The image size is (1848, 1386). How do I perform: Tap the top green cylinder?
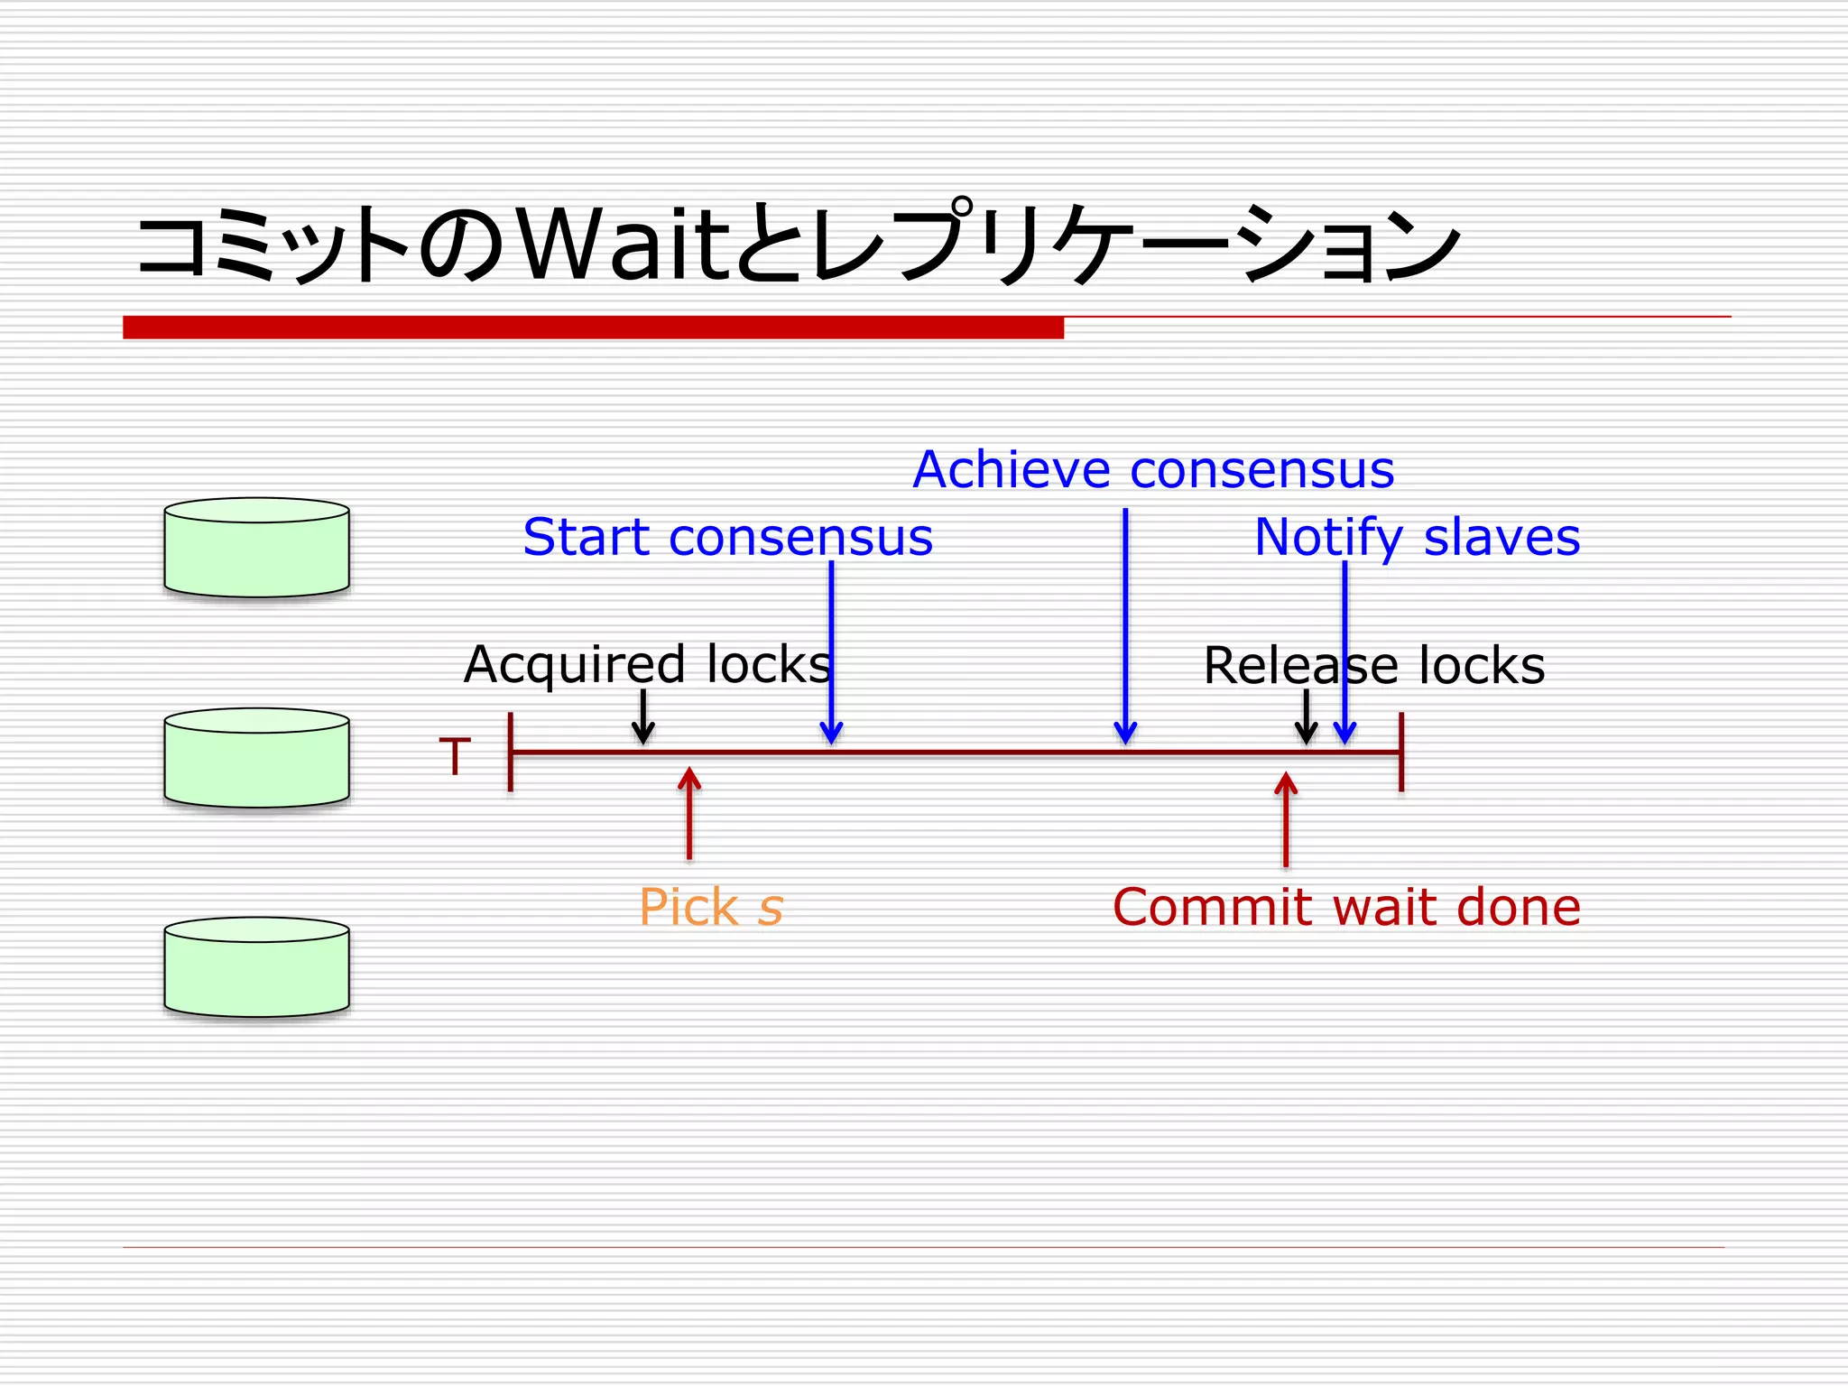(x=256, y=549)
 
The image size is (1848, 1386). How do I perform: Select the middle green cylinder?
(x=256, y=759)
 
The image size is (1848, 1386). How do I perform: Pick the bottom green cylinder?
(x=256, y=968)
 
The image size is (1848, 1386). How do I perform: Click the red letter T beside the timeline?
(x=455, y=756)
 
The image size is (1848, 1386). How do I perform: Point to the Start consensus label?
(x=727, y=537)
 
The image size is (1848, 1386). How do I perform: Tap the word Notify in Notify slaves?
(x=1329, y=537)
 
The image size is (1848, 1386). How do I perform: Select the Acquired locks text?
(x=646, y=664)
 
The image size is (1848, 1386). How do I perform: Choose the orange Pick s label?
(x=711, y=907)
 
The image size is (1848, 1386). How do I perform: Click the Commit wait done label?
(x=1346, y=907)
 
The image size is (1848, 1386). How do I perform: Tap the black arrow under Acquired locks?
(x=642, y=716)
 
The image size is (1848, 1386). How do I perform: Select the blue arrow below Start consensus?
(x=831, y=650)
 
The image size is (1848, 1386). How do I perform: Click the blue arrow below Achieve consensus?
(x=1125, y=623)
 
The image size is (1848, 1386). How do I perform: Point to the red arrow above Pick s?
(x=689, y=812)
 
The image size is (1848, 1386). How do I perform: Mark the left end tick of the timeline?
(x=511, y=752)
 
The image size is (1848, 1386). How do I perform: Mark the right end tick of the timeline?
(x=1401, y=752)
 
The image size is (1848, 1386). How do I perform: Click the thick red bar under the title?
(x=593, y=327)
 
